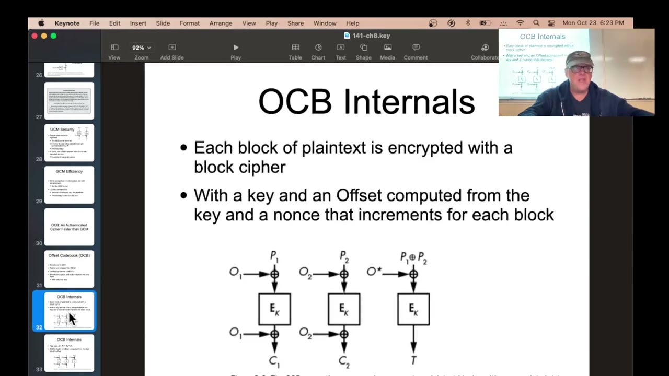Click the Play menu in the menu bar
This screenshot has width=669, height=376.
[x=271, y=23]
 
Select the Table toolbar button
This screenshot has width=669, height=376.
[x=295, y=51]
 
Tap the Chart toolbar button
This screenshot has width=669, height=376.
[x=318, y=51]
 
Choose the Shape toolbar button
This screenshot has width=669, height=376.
[x=363, y=51]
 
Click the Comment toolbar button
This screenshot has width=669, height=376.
[x=416, y=51]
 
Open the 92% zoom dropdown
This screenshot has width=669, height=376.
[x=141, y=48]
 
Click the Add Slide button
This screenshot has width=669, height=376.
[x=172, y=51]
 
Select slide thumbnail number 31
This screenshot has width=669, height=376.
[x=69, y=269]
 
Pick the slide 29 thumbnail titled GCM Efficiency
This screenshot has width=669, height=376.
[x=69, y=185]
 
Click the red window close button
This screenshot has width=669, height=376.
[x=34, y=36]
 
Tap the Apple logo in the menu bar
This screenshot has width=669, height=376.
[x=41, y=23]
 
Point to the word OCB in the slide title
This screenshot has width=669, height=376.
[x=295, y=102]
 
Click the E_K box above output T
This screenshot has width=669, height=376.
[x=413, y=309]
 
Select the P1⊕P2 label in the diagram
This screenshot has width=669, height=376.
[x=414, y=257]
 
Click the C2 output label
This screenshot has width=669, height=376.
[x=343, y=360]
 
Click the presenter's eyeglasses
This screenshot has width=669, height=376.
[x=581, y=69]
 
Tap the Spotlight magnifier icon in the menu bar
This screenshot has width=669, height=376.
[x=536, y=23]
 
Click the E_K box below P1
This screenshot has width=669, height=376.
[x=274, y=309]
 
